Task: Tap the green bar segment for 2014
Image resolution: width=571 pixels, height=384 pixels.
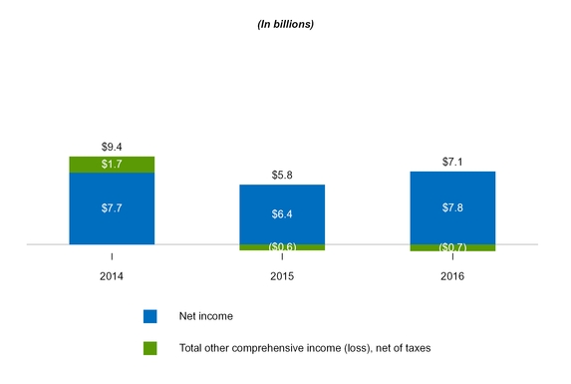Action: (112, 164)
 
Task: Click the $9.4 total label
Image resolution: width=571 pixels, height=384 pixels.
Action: (112, 147)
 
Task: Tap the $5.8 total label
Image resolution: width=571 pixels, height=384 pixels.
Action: (282, 175)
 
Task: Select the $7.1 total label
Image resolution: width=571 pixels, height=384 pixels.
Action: (452, 162)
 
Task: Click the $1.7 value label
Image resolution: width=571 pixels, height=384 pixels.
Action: (112, 165)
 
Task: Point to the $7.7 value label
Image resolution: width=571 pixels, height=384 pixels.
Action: (112, 208)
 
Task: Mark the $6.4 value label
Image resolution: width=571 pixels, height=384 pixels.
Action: (282, 213)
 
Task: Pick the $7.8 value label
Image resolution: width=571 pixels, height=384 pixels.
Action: (452, 207)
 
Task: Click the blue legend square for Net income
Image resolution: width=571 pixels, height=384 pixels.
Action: (150, 316)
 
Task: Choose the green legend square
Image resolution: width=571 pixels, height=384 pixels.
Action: (150, 348)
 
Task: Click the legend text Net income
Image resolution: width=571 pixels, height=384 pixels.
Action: (206, 316)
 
